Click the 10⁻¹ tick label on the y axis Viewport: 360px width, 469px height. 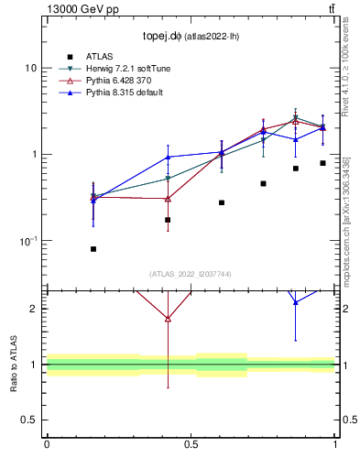27,241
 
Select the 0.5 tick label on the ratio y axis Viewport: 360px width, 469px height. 27,420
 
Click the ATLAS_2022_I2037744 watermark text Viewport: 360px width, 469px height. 191,274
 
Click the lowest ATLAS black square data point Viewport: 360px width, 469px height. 93,249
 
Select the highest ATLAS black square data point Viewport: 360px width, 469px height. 322,163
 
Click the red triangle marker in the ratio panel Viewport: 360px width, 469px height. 168,318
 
